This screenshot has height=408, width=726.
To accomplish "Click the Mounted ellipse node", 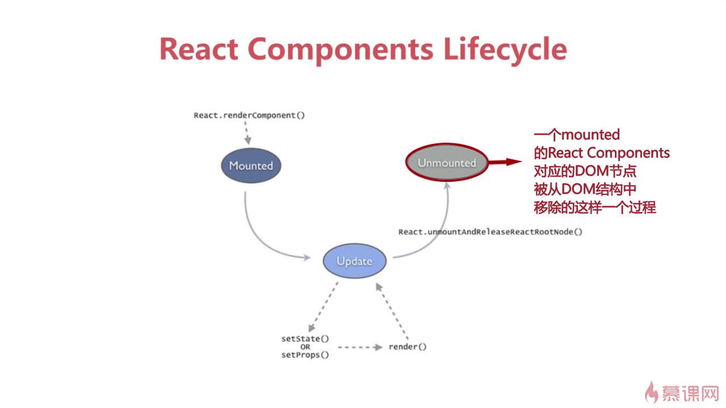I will pos(251,165).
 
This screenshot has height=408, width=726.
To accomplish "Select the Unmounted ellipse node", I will pos(447,163).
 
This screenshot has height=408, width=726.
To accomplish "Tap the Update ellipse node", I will pos(354,261).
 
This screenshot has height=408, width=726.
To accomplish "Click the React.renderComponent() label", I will pos(249,116).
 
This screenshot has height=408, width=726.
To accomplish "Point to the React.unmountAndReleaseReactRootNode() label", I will pos(490,232).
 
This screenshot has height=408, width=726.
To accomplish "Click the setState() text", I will pos(305,339).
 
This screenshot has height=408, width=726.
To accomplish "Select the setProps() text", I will pos(305,355).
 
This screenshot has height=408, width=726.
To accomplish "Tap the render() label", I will pos(407,347).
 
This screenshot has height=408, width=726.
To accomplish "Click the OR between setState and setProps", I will pos(305,347).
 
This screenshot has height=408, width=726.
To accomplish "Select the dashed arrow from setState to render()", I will pos(360,347).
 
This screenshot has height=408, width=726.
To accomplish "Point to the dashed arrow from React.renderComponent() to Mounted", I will pos(246,135).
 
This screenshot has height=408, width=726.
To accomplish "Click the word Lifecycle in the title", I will pos(505,49).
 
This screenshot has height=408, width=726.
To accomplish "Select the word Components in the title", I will pos(340,49).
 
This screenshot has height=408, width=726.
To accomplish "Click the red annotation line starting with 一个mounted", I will pos(577,135).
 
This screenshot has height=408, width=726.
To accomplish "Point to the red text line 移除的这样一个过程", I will pos(595,207).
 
